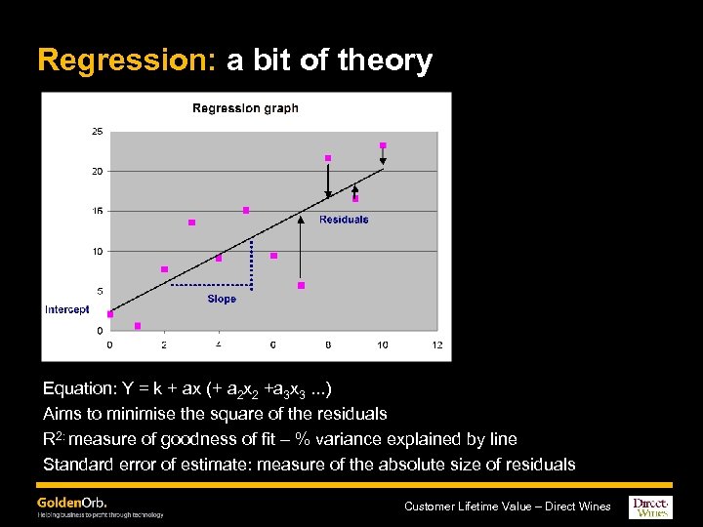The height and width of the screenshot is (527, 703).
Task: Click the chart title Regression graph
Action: (x=245, y=108)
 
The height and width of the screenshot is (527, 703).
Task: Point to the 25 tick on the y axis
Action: (x=97, y=131)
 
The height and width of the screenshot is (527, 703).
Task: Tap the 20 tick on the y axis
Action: (x=97, y=171)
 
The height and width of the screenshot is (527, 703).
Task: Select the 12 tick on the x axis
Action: (x=436, y=345)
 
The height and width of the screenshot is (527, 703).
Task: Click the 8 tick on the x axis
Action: (x=328, y=345)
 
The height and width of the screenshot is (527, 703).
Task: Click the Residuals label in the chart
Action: (x=344, y=220)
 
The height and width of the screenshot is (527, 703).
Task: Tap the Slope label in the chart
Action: (x=222, y=299)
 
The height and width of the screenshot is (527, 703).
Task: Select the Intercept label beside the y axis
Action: (x=66, y=309)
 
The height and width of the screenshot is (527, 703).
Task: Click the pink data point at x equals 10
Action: (x=383, y=145)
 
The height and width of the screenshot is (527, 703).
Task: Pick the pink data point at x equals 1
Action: (x=138, y=326)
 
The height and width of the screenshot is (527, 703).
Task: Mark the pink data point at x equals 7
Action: (x=301, y=285)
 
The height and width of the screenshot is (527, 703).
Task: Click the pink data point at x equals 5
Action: (x=246, y=210)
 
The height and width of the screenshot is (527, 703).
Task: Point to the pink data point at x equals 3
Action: (x=191, y=223)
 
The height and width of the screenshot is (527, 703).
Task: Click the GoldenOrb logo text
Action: (x=71, y=502)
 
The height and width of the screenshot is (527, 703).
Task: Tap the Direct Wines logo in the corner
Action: (x=651, y=507)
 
